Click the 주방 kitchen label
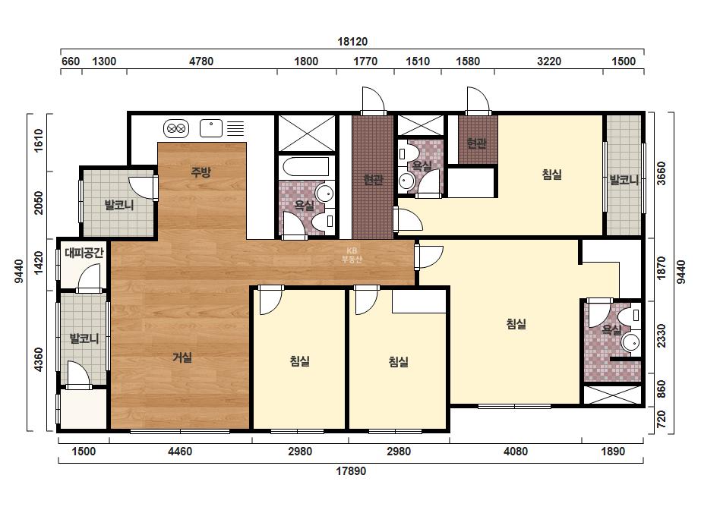201,172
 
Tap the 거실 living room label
182,357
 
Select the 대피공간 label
84,253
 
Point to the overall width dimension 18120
352,42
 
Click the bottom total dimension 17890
351,471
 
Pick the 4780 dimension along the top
201,61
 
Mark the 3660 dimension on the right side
662,173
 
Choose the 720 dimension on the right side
662,419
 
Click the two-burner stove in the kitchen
176,129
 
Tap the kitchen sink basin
211,128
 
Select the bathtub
306,167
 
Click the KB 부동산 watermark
352,255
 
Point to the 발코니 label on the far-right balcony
624,180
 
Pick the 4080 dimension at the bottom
516,452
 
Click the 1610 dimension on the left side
39,140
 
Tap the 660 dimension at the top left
71,61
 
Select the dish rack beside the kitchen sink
235,128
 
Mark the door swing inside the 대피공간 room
90,278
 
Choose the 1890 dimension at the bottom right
613,452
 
